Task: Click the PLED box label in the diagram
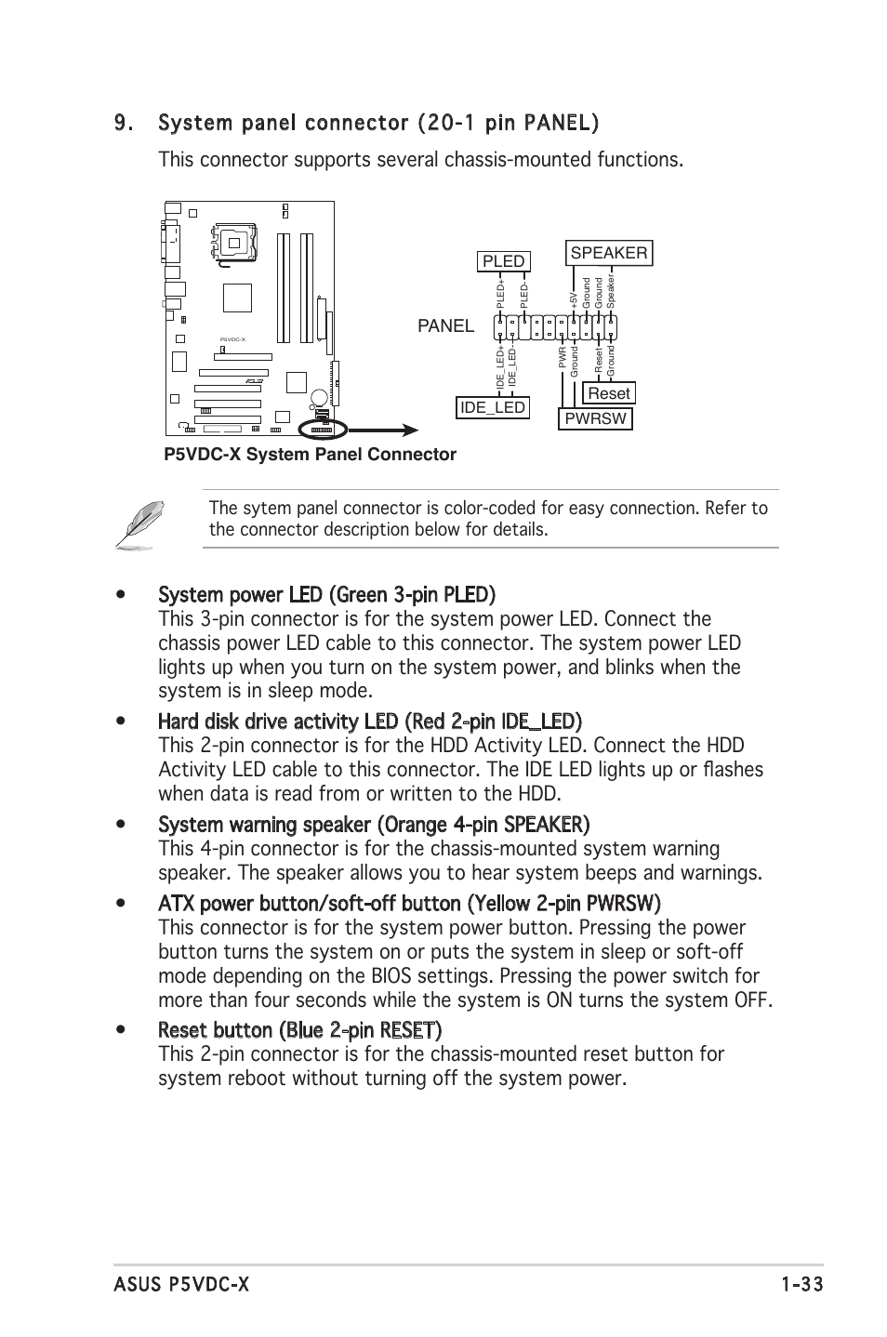(x=503, y=261)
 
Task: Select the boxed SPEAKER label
(x=608, y=253)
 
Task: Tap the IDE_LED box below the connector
(x=493, y=407)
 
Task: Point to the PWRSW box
(x=595, y=418)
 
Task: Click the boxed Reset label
(x=609, y=392)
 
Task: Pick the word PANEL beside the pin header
(x=445, y=326)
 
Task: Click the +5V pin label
(x=574, y=298)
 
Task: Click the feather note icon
(x=140, y=523)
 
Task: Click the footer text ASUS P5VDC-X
(x=181, y=1285)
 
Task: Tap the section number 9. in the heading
(x=126, y=123)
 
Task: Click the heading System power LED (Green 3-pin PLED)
(x=326, y=594)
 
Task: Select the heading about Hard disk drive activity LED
(x=370, y=721)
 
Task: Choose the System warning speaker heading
(x=374, y=825)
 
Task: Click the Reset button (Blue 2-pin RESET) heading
(x=299, y=1030)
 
